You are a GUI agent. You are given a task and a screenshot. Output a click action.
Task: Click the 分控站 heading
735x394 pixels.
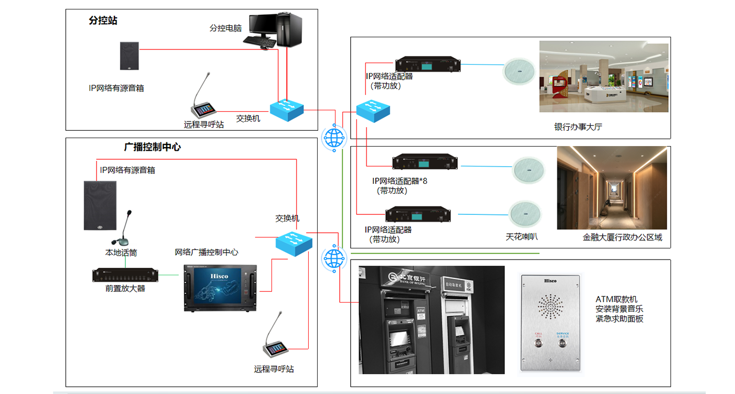[x=103, y=21]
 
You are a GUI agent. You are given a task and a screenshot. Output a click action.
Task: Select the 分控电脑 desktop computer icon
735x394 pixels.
[x=275, y=31]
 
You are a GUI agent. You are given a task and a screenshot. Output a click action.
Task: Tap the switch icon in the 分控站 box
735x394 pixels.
[x=287, y=109]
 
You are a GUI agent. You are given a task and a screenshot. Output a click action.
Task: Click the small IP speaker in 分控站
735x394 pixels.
[x=129, y=56]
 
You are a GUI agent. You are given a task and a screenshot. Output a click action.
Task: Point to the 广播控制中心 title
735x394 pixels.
[x=152, y=147]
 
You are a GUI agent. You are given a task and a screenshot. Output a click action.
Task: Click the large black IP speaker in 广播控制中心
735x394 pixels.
[x=100, y=205]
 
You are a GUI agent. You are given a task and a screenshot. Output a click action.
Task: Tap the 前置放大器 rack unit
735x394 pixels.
[x=125, y=275]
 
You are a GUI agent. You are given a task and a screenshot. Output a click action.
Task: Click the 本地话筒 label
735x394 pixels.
[x=121, y=253]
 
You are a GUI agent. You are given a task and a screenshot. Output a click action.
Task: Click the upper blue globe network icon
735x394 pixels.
[x=333, y=138]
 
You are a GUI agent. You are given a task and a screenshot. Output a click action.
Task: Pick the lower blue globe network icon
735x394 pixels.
[x=333, y=258]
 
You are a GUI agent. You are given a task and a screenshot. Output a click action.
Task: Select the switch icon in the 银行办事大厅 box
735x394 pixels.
[x=373, y=109]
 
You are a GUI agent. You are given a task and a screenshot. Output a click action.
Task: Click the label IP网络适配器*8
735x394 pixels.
[x=400, y=181]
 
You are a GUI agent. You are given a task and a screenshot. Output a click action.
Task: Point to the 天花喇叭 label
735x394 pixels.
[x=521, y=237]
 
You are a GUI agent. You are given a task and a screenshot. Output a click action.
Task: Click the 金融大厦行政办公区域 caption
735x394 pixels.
[x=622, y=237]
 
